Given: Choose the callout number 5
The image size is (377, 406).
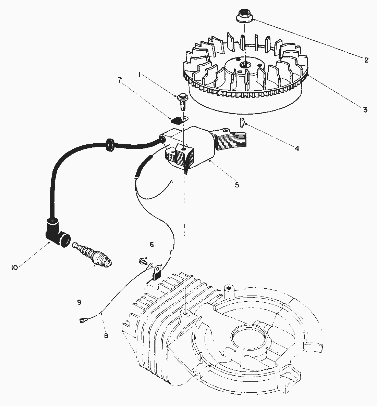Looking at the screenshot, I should coord(237,185).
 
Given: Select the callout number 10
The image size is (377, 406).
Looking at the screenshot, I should coord(14,267).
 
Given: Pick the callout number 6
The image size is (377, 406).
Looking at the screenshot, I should coord(151,244).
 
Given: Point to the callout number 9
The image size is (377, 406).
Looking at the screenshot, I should coord(79,302).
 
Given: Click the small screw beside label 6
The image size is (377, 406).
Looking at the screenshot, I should coord(142,261).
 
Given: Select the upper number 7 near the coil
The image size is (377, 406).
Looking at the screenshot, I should coord(119,80).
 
